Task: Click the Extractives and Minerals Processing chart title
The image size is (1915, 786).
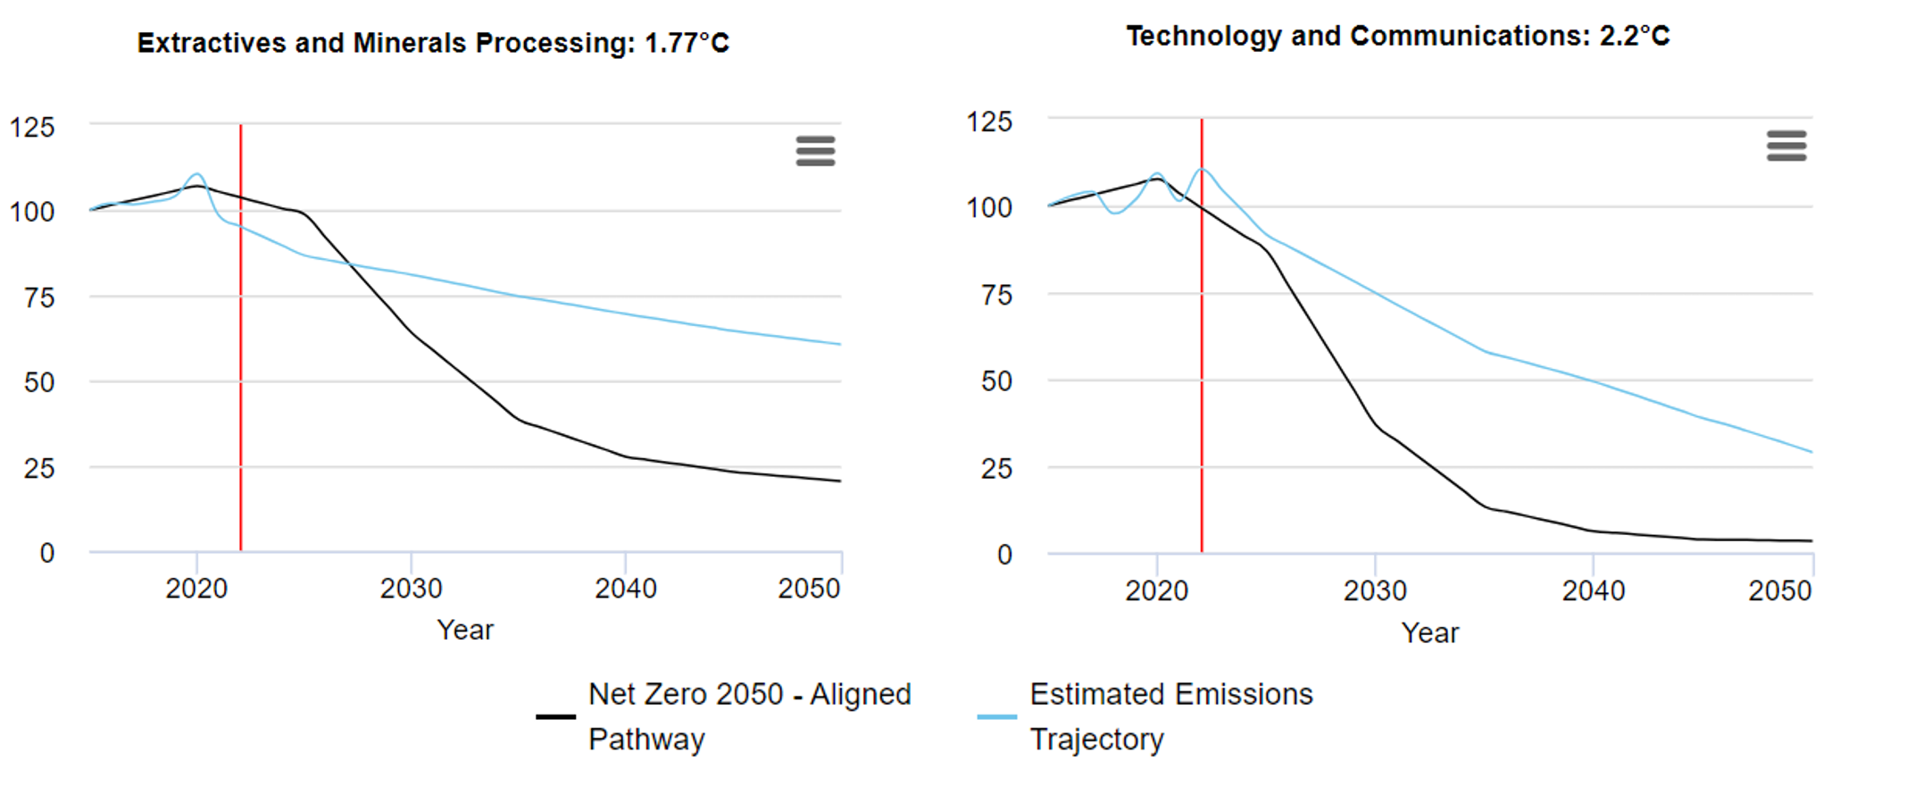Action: coord(433,43)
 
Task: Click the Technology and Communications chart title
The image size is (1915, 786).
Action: coord(1397,36)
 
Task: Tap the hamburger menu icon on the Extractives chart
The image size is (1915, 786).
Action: coord(815,151)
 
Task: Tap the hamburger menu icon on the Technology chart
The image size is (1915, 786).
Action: coord(1786,146)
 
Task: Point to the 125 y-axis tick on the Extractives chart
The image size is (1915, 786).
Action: coord(32,127)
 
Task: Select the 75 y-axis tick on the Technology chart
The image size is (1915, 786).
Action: coord(996,295)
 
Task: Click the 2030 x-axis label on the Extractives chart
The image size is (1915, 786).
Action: coord(411,589)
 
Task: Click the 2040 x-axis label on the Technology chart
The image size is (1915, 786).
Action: coord(1593,590)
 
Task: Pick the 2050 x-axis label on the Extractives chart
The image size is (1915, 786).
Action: coord(809,589)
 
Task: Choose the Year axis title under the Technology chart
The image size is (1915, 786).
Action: coord(1429,632)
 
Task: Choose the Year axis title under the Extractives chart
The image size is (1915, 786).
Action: coord(465,630)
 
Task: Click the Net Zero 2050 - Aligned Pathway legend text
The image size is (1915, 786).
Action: coord(749,716)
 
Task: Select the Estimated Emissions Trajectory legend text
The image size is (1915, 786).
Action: coord(1170,716)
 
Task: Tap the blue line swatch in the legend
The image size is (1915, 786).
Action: coord(997,716)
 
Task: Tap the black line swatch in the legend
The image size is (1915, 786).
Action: coord(555,716)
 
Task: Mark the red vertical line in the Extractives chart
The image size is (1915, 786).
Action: coord(241,357)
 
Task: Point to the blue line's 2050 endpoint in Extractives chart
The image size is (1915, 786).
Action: coord(840,344)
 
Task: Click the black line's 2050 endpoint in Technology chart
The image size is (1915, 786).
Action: coord(1811,540)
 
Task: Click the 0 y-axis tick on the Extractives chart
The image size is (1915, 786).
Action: coord(47,553)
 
